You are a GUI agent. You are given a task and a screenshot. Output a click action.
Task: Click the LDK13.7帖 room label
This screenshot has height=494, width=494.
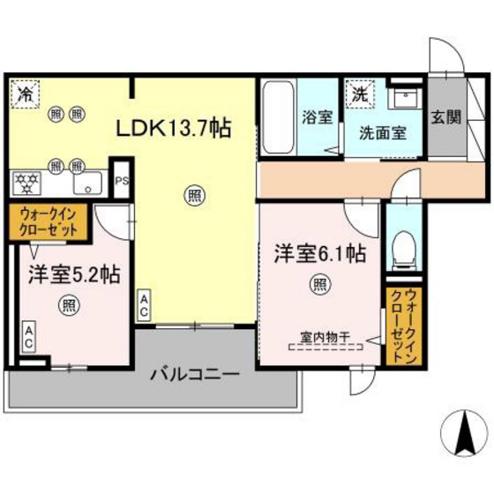point(175,129)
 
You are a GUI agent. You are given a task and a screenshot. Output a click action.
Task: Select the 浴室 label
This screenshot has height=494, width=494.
point(316,116)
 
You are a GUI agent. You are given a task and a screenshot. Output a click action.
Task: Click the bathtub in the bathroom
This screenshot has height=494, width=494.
point(276,120)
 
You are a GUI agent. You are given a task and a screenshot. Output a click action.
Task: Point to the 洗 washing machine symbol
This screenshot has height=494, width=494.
point(361,92)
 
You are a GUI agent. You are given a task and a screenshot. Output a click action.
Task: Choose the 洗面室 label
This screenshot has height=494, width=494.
point(382,133)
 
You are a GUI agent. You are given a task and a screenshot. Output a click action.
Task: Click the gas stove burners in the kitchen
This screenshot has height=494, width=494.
point(28,183)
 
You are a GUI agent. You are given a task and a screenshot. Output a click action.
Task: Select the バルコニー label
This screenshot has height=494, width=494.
point(194,373)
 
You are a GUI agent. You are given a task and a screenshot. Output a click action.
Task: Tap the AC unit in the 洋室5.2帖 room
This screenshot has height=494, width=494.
point(29,334)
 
